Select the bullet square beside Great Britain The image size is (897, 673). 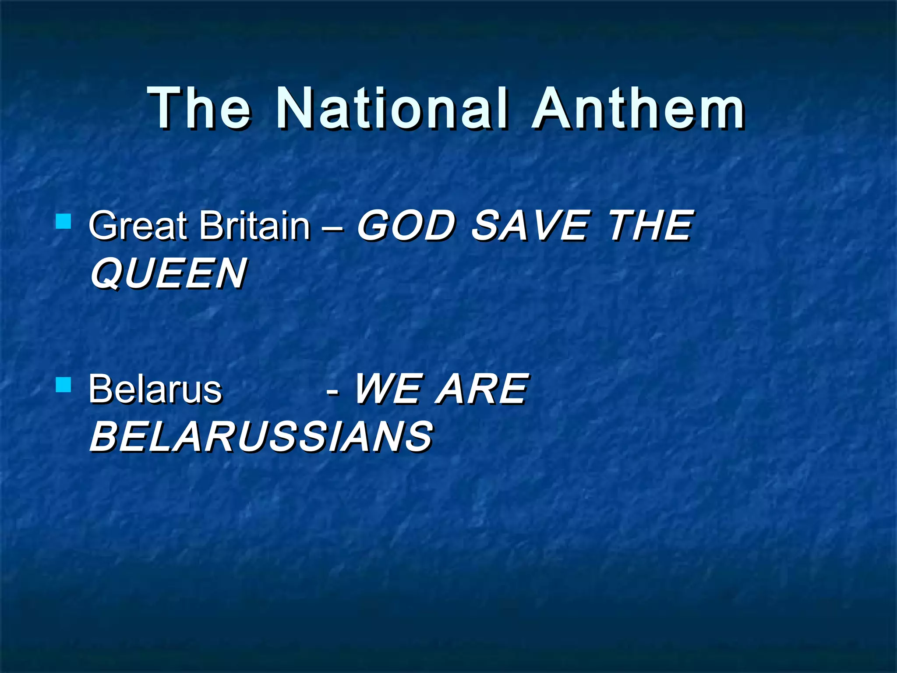[64, 221]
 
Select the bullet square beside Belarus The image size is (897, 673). [64, 385]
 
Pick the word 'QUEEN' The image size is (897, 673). [168, 274]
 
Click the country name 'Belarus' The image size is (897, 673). [155, 389]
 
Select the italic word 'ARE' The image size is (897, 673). [482, 389]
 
